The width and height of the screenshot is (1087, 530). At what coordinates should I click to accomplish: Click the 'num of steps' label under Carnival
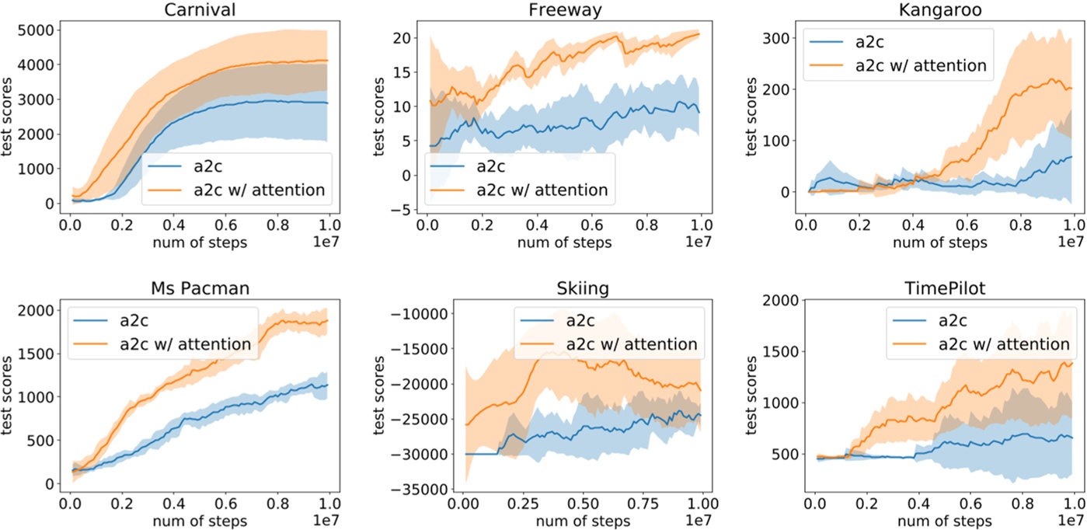click(197, 242)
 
